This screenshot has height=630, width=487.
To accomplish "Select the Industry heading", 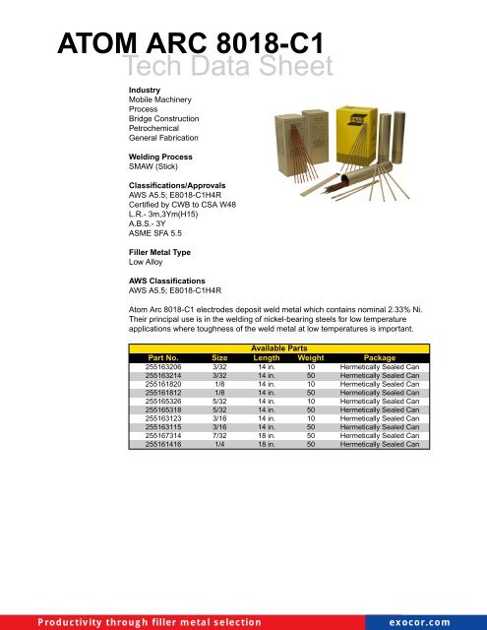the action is click(x=132, y=90).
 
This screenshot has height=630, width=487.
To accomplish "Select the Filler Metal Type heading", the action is click(x=154, y=253).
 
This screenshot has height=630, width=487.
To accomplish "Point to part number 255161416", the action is click(x=163, y=445).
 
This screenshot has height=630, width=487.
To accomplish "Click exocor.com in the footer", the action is click(x=434, y=621).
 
